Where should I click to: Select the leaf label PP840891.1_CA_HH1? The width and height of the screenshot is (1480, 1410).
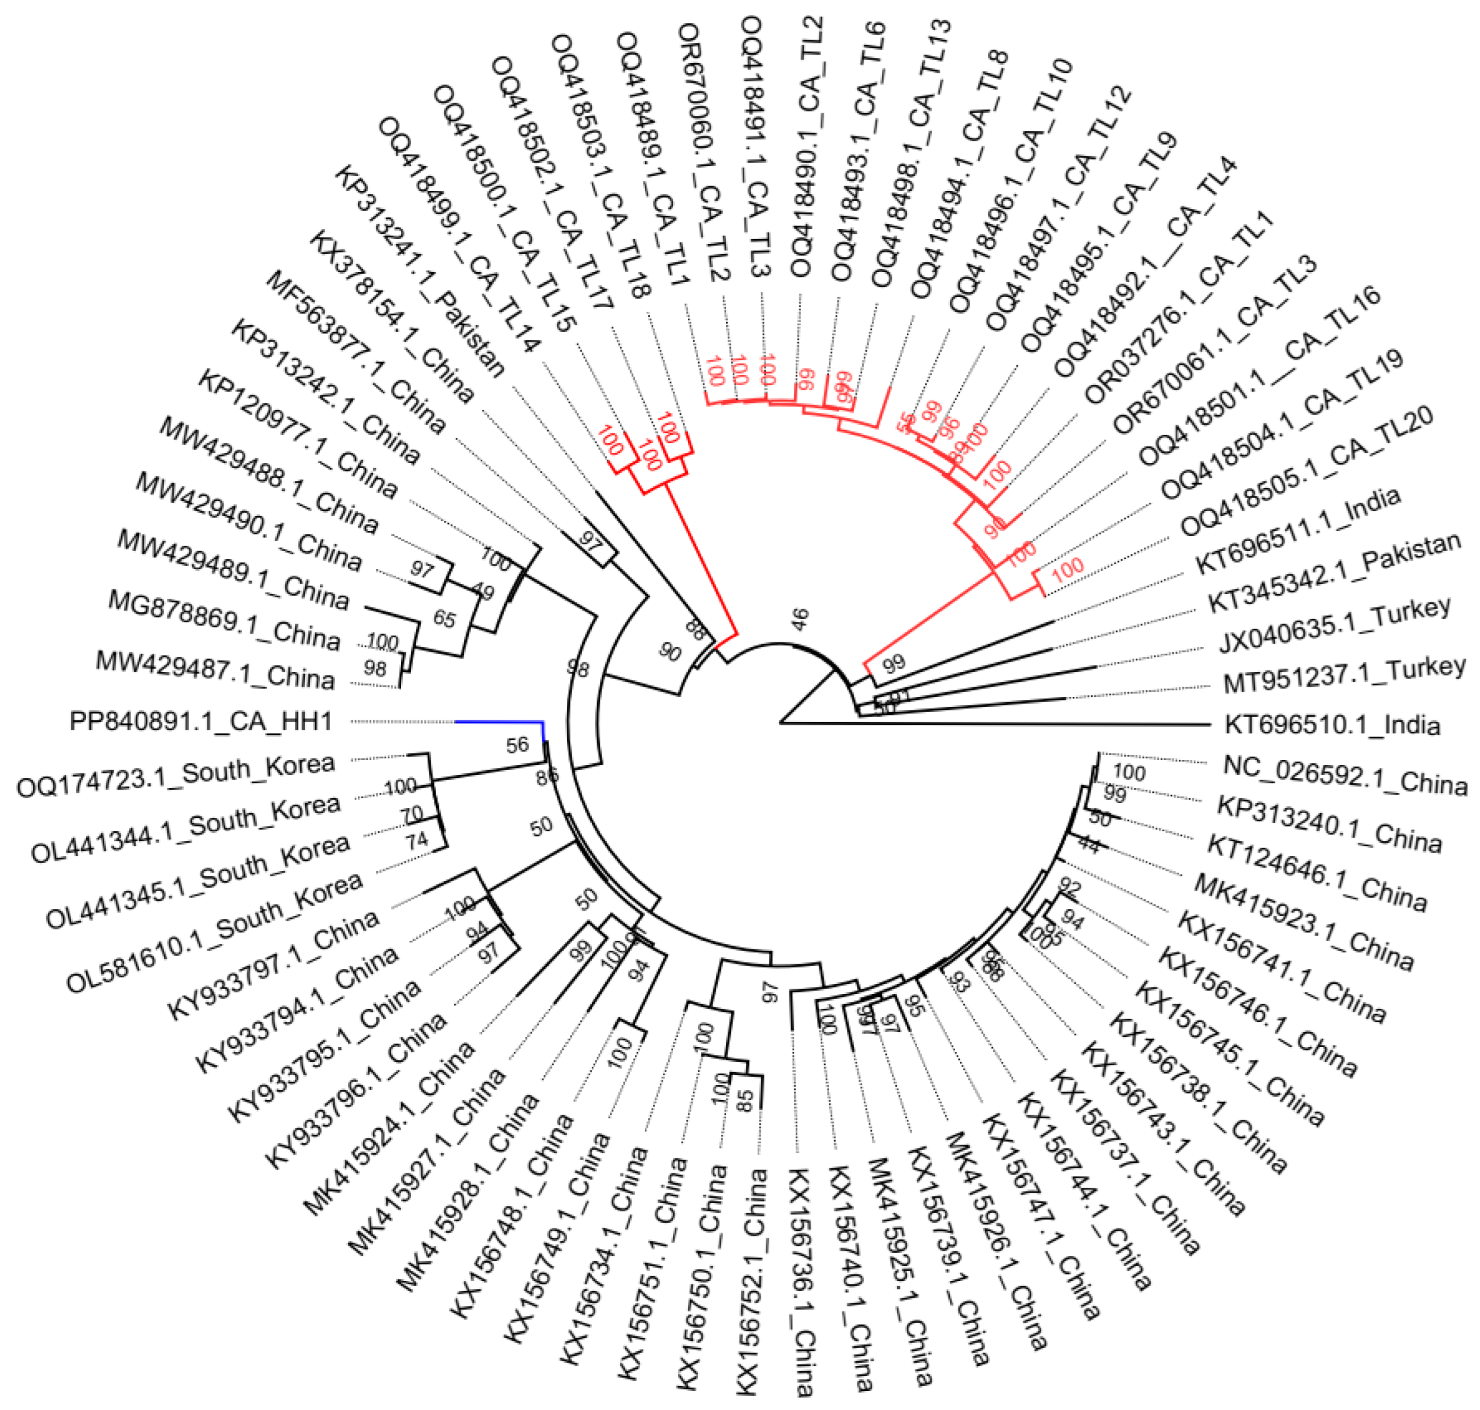tap(201, 722)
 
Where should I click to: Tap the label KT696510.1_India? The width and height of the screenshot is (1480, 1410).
tap(1332, 725)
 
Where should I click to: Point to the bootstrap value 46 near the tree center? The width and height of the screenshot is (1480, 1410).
tap(800, 619)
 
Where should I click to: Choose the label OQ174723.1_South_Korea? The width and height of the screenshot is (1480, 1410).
tap(175, 776)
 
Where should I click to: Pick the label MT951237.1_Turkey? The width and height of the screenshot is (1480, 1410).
tap(1344, 676)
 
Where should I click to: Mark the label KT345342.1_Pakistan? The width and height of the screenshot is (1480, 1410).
tap(1333, 582)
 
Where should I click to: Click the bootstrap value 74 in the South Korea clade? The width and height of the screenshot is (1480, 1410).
tap(417, 840)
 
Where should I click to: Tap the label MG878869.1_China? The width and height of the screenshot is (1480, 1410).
tap(224, 620)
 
